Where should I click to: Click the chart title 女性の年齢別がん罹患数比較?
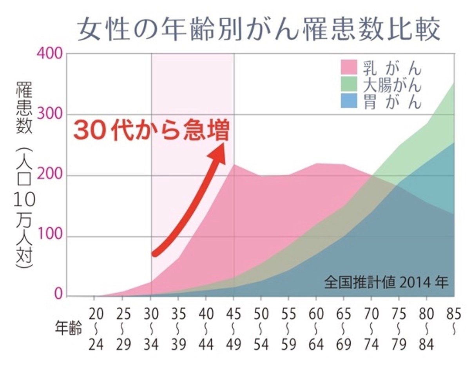tap(259, 31)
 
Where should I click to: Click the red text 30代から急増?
tap(151, 131)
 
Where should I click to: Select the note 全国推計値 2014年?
tap(386, 283)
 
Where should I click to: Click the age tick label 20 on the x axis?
tap(95, 314)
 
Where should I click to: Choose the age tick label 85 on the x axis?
tap(454, 314)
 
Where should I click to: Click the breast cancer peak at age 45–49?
tap(234, 165)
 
